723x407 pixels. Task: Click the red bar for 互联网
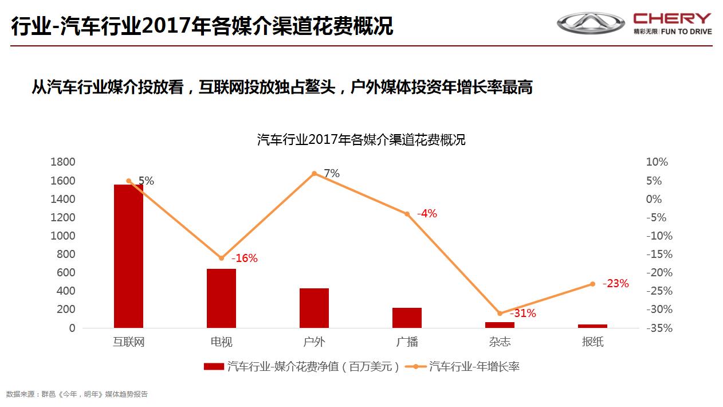pos(128,256)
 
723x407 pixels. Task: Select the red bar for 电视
pos(221,298)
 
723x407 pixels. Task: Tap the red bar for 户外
pos(314,308)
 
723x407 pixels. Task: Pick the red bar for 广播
pos(407,318)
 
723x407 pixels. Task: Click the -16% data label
pos(244,259)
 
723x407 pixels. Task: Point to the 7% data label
pos(332,173)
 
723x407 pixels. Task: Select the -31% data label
pos(522,314)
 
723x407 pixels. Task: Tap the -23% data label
pos(615,283)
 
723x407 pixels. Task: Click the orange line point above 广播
pos(407,214)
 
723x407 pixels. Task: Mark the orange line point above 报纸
pos(592,284)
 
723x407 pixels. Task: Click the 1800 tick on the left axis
pos(63,162)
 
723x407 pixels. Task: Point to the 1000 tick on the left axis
pos(63,236)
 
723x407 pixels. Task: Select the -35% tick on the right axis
pos(658,328)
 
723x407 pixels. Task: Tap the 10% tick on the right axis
pos(657,162)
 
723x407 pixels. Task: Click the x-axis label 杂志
pos(500,342)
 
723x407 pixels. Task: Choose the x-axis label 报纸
pos(592,342)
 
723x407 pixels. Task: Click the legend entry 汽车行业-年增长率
pos(474,367)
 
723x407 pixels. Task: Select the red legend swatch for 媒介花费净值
pos(214,367)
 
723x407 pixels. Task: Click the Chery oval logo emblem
pos(591,23)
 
